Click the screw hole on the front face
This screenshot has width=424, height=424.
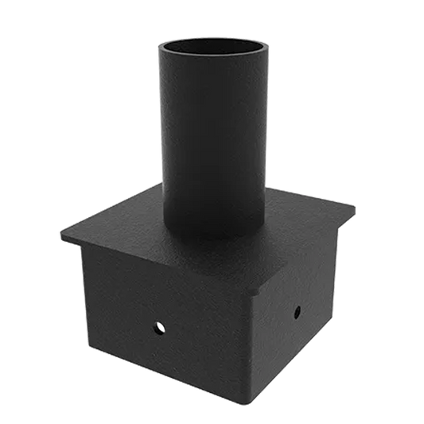[158, 325]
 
